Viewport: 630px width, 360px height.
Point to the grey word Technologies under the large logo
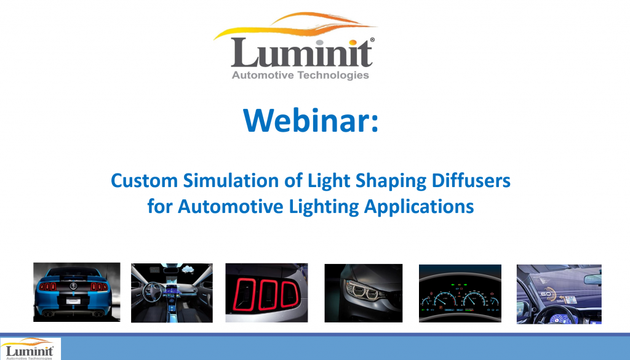[x=333, y=76]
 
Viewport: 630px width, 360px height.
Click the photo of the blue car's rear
[x=76, y=292]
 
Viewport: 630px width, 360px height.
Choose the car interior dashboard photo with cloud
[x=172, y=292]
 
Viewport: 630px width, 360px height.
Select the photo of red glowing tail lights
[x=266, y=292]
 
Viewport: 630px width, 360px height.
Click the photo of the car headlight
[x=363, y=292]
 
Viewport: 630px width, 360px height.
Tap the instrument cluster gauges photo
[x=460, y=292]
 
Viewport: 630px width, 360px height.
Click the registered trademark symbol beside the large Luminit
[x=373, y=39]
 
